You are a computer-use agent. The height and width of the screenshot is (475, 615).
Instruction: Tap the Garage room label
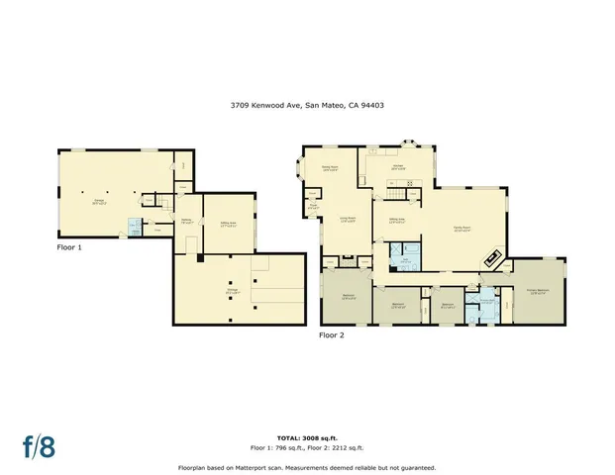coord(100,202)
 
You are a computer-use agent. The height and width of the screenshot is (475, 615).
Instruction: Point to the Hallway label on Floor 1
coord(185,222)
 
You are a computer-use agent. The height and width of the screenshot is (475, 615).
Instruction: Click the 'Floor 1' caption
coord(69,247)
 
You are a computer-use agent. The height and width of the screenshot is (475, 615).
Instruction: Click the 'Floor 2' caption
coord(331,335)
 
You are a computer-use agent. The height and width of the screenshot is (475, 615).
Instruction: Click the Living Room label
coord(348,221)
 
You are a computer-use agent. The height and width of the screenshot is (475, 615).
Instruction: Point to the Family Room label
coord(461,230)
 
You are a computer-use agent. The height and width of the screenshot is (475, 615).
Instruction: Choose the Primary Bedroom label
coord(538,291)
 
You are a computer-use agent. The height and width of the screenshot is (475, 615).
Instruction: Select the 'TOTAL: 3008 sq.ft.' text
coord(306,436)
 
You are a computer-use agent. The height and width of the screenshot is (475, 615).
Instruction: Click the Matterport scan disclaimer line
coord(306,467)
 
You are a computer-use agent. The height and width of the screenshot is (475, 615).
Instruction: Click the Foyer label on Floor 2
coord(313,208)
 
